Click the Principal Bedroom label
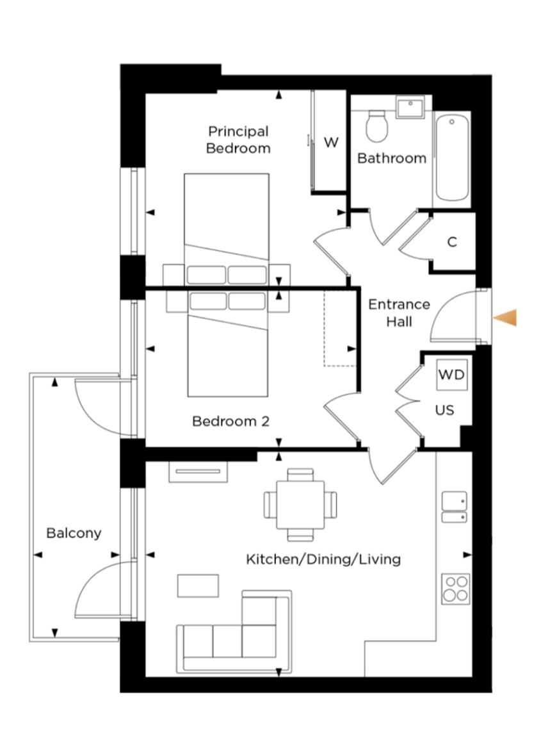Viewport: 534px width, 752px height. tap(238, 140)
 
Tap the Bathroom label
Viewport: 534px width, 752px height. tap(392, 158)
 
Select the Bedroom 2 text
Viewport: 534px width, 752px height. tap(231, 421)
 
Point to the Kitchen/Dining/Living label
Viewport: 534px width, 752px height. tap(323, 559)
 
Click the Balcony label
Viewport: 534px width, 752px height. tap(74, 534)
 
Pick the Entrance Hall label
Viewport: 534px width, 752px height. tap(399, 313)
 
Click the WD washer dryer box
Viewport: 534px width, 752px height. tap(451, 375)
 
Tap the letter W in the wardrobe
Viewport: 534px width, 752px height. tap(331, 142)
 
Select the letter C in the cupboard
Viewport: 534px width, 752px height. tap(452, 242)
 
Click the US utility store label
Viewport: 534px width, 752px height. tap(445, 410)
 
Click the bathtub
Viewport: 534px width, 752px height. tap(451, 158)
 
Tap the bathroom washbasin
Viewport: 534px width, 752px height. tap(410, 106)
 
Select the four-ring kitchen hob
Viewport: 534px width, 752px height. tap(455, 589)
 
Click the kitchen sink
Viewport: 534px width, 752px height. tap(454, 507)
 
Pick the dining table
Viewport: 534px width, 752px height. tap(300, 505)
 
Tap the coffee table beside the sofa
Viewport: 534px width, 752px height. tap(198, 585)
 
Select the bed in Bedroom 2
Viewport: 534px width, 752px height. tap(228, 343)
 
